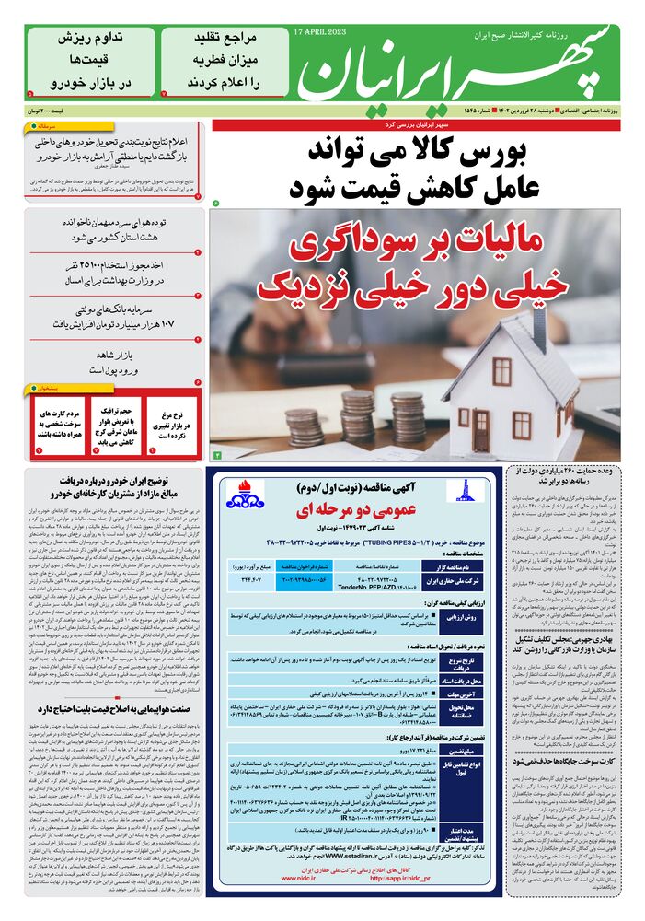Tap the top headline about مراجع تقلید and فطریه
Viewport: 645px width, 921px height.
pos(225,60)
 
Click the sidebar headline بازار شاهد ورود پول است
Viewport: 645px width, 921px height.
pos(113,361)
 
